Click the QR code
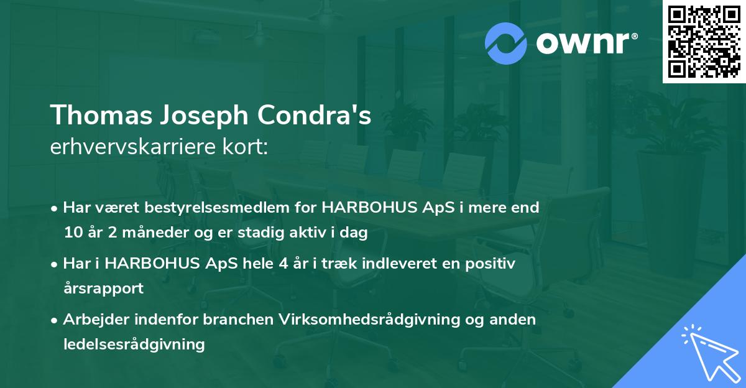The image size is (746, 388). pos(704,42)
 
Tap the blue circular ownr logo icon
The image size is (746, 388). pos(507,43)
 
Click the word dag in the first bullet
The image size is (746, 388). pos(355,233)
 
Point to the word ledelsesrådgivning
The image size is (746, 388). pos(134,344)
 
